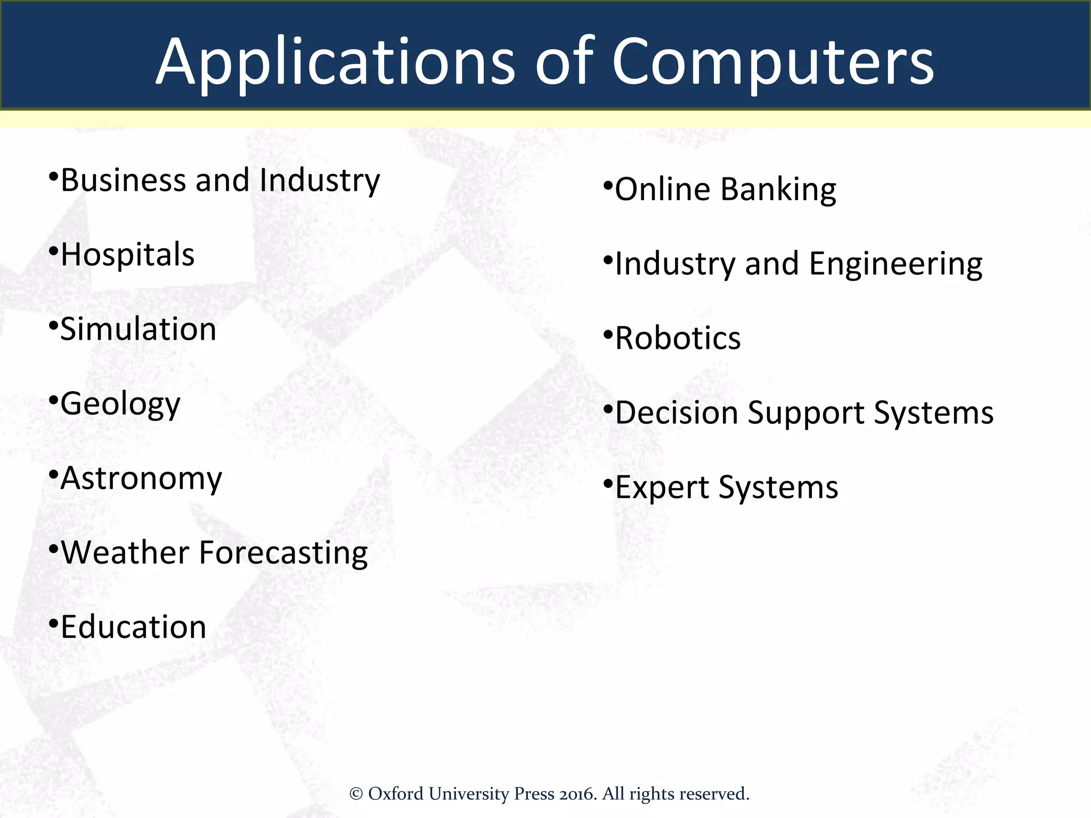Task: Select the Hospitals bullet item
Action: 127,255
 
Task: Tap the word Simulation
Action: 138,329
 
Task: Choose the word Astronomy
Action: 141,479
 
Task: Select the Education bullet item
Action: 133,627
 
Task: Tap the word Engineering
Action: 895,265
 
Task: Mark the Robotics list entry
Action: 678,339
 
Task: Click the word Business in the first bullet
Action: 123,181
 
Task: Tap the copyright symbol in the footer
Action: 356,794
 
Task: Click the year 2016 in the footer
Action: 577,794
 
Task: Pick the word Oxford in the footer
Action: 396,794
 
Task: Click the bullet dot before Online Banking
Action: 608,186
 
